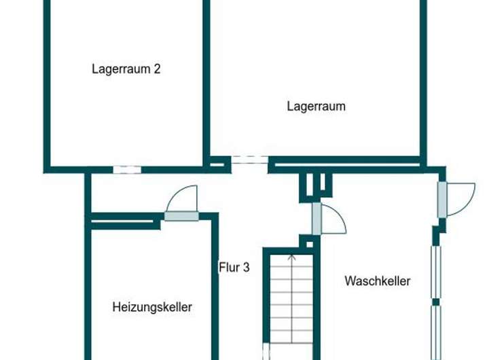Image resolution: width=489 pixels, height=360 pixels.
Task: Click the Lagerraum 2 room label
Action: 126,69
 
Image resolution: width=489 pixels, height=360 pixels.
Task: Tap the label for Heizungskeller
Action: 152,307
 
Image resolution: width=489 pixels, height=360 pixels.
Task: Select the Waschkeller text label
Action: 378,281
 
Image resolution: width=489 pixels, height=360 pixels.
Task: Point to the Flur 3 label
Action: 234,268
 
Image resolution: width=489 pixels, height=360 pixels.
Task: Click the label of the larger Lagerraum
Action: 316,106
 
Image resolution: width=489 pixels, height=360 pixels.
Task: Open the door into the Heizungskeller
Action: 181,216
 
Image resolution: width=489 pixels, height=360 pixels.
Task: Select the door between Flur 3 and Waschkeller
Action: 316,219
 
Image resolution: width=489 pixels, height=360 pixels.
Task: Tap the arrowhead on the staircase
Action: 291,257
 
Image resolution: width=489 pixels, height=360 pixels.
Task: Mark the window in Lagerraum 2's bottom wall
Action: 126,169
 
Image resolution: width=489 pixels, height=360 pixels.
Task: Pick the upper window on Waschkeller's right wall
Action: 436,272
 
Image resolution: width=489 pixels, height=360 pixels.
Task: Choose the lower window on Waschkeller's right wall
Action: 436,330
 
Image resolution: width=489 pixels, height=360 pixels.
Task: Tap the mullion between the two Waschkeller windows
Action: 436,301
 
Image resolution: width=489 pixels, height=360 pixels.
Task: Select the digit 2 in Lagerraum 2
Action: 156,69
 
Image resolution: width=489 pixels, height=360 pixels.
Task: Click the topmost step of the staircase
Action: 291,259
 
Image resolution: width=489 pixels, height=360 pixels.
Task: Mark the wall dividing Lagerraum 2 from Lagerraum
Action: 206,82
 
